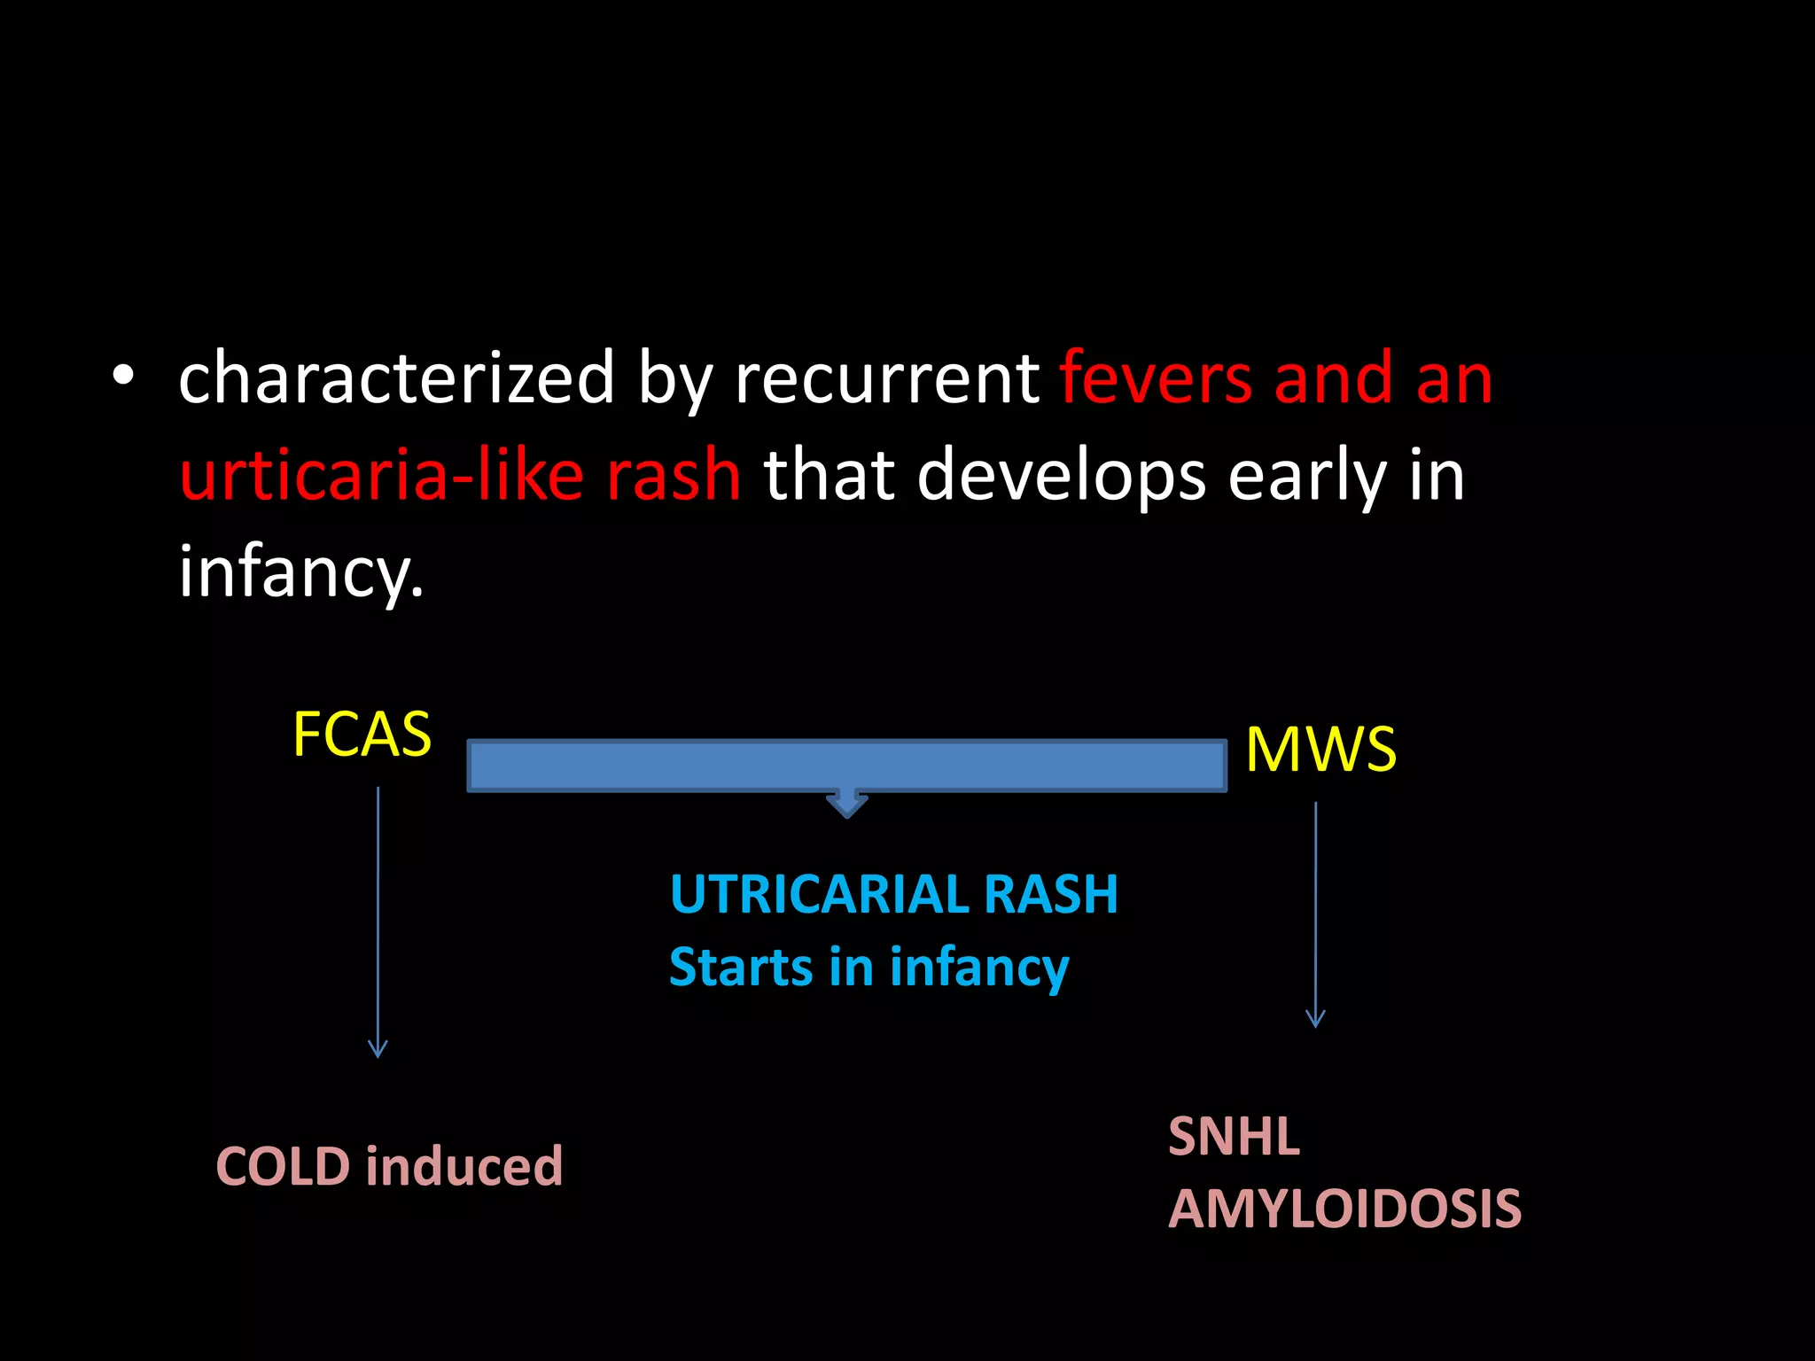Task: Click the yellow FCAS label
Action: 362,735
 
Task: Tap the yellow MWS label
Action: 1320,750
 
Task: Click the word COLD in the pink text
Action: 283,1166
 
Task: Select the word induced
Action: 464,1166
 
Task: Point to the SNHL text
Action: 1233,1137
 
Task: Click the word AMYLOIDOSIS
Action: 1344,1209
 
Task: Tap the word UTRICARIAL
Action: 819,894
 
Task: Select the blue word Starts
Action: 740,967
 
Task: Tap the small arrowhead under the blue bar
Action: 846,805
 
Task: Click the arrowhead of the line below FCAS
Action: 378,1050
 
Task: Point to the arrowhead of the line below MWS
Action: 1316,1019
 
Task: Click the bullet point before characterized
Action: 123,377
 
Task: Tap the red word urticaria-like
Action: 381,474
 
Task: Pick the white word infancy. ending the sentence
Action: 300,572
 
